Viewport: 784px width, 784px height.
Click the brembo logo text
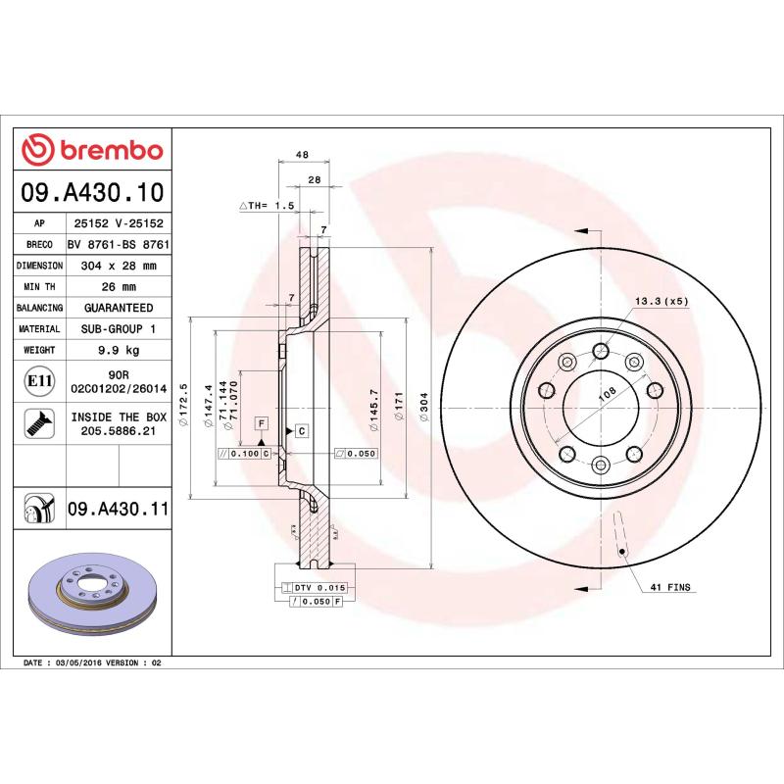coord(107,151)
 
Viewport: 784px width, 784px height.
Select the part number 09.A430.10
coord(92,192)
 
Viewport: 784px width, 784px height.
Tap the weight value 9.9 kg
coord(119,351)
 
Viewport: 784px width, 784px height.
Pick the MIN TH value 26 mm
coord(119,287)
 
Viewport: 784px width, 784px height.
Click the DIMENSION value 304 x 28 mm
coord(119,266)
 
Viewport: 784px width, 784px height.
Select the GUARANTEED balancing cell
coord(119,309)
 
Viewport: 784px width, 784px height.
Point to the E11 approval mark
coord(39,380)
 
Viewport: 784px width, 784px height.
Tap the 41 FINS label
coord(670,587)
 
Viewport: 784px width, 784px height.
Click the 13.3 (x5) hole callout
coord(662,302)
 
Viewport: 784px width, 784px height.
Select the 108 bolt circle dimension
coord(608,393)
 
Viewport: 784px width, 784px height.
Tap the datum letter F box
coord(262,423)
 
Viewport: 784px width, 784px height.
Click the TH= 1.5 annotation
coord(268,206)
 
